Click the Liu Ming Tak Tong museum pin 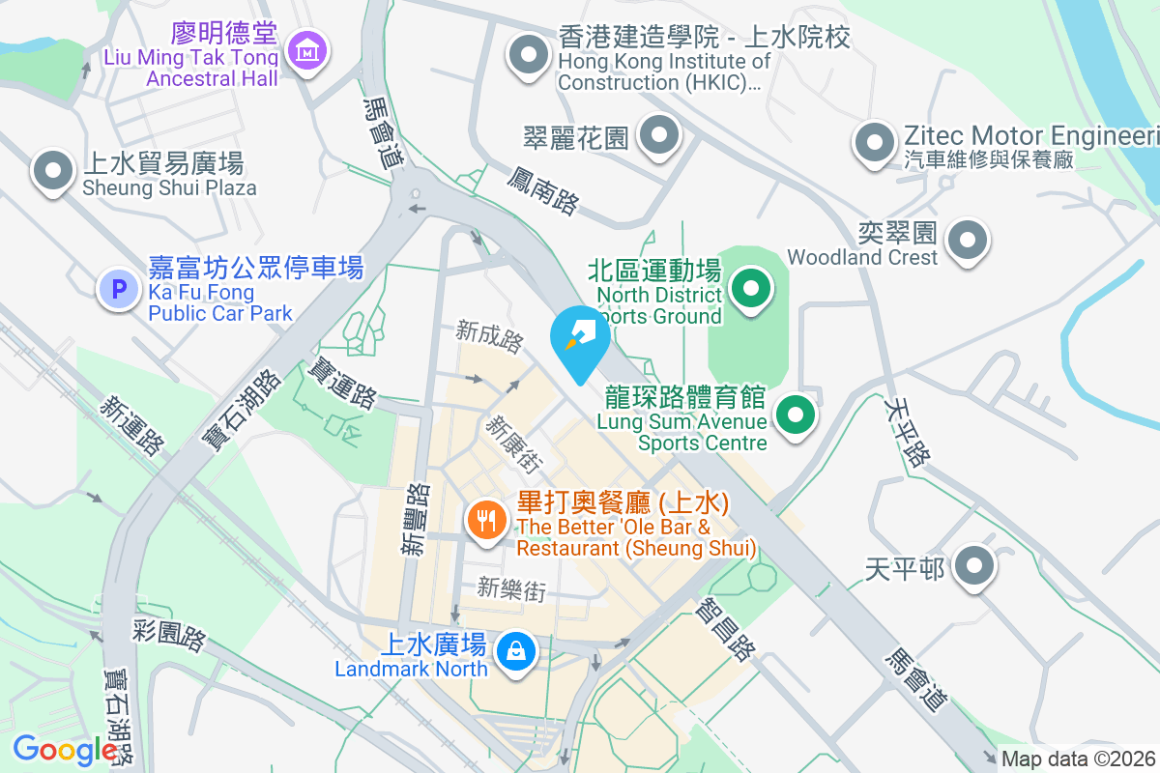tap(307, 50)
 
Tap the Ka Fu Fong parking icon tap(119, 288)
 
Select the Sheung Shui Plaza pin tap(52, 171)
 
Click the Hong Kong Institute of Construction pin tap(528, 55)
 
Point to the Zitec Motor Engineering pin tap(874, 142)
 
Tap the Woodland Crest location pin tap(968, 239)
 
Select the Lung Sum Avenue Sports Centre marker tap(796, 416)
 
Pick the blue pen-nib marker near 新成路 tap(580, 338)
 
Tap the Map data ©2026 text tap(1078, 759)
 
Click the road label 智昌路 tap(725, 629)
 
